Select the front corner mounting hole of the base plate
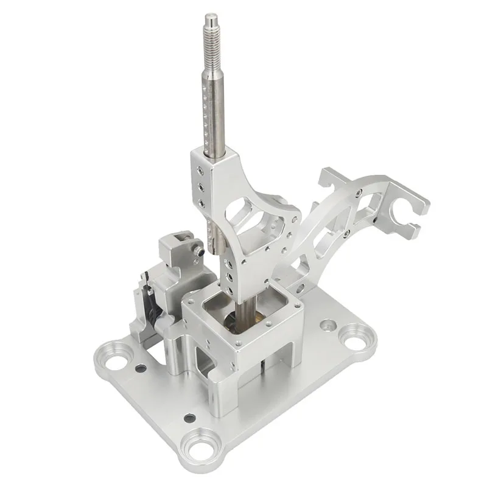point(200,444)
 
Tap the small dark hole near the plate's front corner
point(191,418)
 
